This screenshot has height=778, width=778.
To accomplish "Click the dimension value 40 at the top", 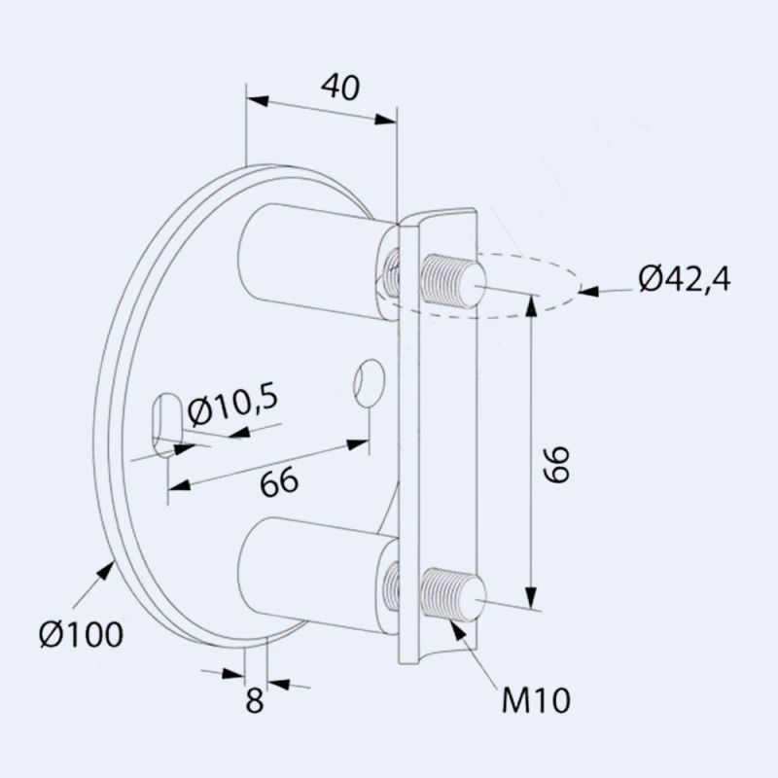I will click(x=339, y=87).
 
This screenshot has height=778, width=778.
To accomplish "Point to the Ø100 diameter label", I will click(x=81, y=634).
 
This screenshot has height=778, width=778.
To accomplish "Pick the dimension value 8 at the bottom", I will click(x=254, y=701).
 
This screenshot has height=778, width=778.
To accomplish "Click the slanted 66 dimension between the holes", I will click(x=278, y=481).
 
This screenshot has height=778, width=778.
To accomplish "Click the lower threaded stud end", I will click(x=453, y=595).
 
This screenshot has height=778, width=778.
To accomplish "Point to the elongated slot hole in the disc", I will click(x=166, y=422).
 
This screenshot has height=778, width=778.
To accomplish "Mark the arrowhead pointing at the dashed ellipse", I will click(x=587, y=289).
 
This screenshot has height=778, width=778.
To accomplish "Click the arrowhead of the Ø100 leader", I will click(x=108, y=570).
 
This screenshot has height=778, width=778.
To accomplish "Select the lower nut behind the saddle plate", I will click(x=392, y=585).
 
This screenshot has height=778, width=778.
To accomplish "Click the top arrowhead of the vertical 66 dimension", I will click(x=531, y=304).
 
